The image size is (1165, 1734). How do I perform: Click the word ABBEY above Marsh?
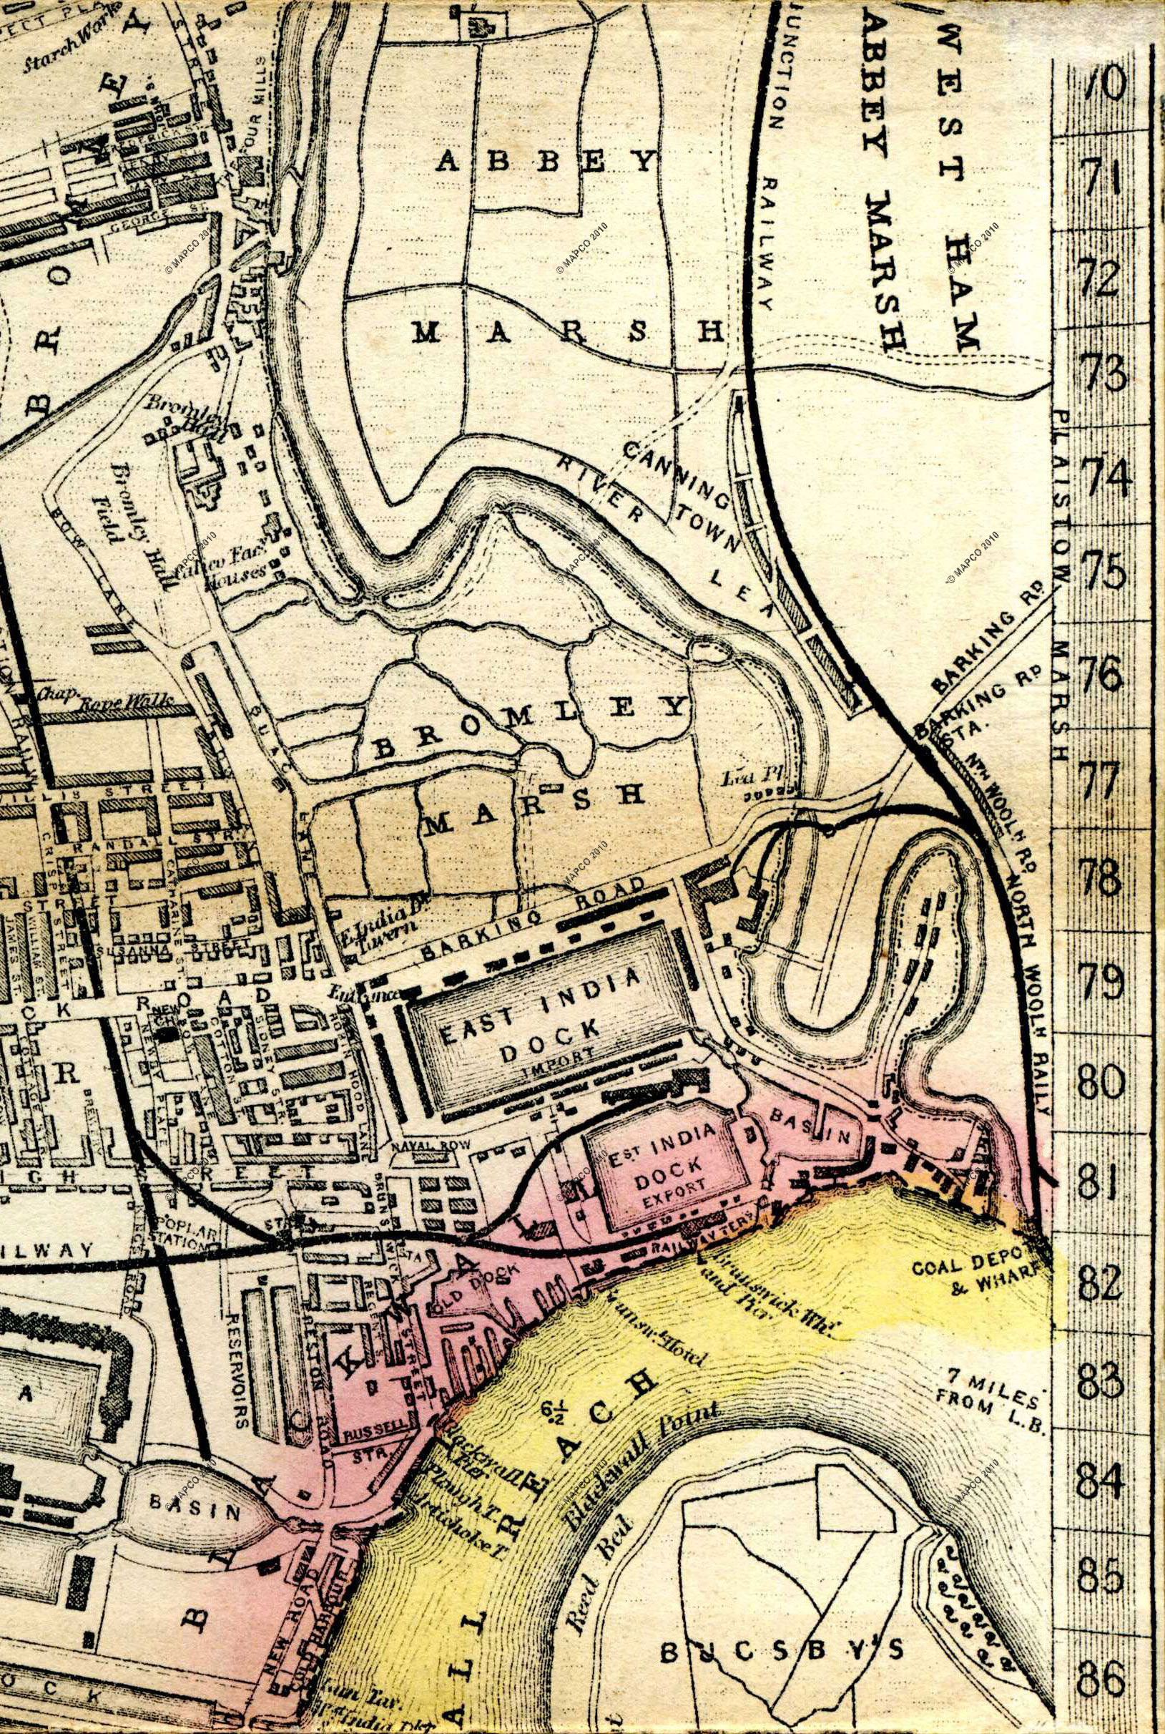(546, 160)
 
